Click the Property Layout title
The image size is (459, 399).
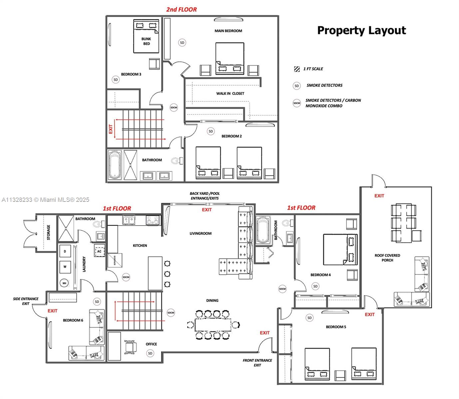coord(361,30)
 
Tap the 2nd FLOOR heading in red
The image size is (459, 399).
coord(182,10)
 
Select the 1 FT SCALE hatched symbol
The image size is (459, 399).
coord(297,69)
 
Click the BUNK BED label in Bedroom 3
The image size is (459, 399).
coord(146,41)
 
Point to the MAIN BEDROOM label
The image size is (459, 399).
coord(228,31)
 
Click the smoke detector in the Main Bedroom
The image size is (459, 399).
coord(182,43)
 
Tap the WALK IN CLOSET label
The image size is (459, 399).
coord(230,93)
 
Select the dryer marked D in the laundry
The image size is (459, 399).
coord(65,252)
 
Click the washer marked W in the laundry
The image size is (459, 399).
coord(65,267)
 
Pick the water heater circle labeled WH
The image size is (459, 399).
coord(65,283)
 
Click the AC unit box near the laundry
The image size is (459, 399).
coord(99,251)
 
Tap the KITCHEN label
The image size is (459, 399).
coord(140,245)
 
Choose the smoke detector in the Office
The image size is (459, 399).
coord(150,353)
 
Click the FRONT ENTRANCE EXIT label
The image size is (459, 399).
coord(257,363)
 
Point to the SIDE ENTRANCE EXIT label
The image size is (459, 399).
coord(26,301)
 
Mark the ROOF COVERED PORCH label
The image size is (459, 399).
coord(387,258)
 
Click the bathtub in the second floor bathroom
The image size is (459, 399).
coord(115,165)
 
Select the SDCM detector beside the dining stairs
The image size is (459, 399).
coord(171,313)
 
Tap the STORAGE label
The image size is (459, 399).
coord(49,232)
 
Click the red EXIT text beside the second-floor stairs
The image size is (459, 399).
coord(111,129)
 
